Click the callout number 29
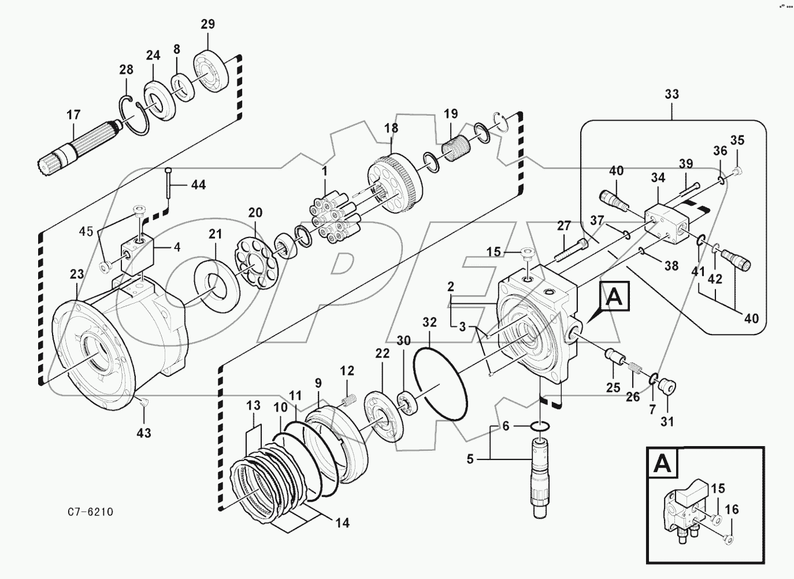[x=207, y=24]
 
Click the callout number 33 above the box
[x=672, y=94]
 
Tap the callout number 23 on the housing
[x=77, y=274]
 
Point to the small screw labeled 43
[x=144, y=402]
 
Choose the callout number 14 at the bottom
[x=342, y=523]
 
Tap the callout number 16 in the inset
[x=732, y=509]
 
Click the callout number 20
[x=255, y=213]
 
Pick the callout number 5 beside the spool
[x=470, y=459]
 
